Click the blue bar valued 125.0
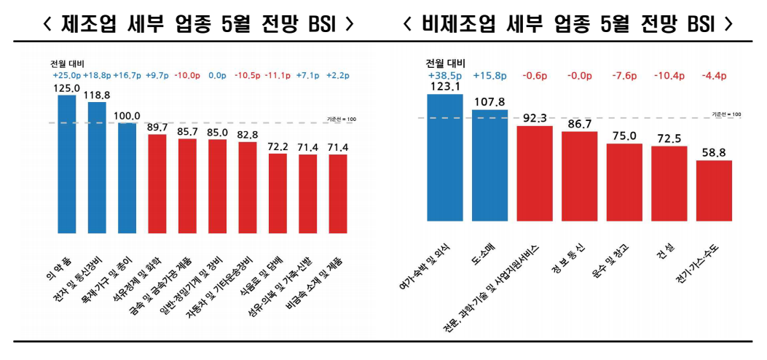tap(67, 164)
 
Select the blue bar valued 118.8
tap(97, 168)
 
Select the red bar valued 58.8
tap(714, 191)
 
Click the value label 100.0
tap(127, 116)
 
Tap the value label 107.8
tap(489, 103)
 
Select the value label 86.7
tap(579, 125)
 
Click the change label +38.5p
tap(444, 75)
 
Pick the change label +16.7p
tap(127, 75)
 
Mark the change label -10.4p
tap(668, 75)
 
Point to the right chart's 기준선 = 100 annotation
tap(726, 114)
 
